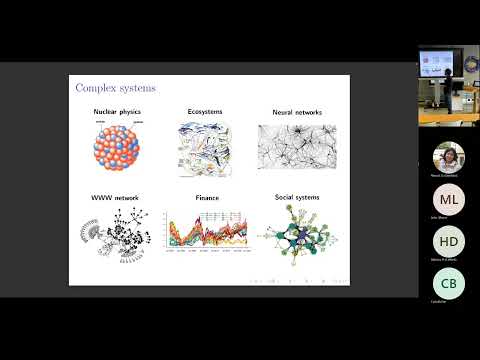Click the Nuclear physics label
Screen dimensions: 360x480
coord(119,111)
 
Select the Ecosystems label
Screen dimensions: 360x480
coord(206,111)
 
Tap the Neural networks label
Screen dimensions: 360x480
coord(291,111)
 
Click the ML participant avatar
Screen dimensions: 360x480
coord(448,200)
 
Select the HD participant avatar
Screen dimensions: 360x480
coord(448,242)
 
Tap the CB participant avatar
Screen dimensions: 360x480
coord(448,284)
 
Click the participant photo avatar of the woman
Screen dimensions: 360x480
coord(448,158)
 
